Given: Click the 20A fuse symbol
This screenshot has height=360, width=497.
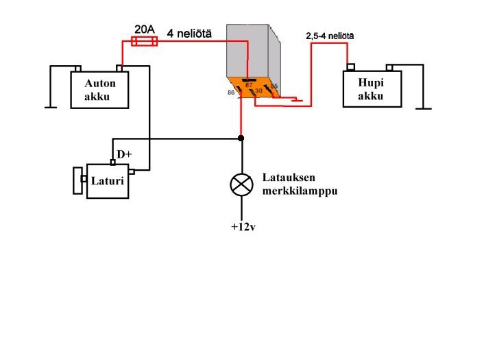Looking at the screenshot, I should click(x=145, y=42).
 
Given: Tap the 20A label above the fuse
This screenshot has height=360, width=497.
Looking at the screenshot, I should click(x=145, y=29).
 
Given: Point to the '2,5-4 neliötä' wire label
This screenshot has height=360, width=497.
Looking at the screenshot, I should click(x=330, y=36).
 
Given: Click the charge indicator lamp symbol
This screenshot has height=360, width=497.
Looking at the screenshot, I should click(x=241, y=184).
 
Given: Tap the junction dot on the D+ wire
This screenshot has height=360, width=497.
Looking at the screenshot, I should click(x=241, y=139).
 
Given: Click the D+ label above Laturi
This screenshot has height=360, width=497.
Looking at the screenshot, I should click(x=124, y=154).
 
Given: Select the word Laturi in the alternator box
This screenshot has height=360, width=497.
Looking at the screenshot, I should click(x=108, y=182).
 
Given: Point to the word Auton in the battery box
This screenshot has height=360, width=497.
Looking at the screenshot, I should click(x=100, y=84).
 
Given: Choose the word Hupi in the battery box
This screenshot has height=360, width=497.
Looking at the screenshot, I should click(x=370, y=84).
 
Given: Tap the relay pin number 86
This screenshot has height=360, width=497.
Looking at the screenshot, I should click(x=231, y=91).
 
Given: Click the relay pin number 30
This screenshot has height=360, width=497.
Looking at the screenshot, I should click(x=258, y=90).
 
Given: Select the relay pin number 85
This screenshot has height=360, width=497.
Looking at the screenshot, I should click(x=274, y=86).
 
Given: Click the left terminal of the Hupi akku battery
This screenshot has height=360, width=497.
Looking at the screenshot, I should click(x=350, y=67).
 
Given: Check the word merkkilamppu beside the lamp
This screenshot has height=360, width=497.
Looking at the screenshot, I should click(x=300, y=191).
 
